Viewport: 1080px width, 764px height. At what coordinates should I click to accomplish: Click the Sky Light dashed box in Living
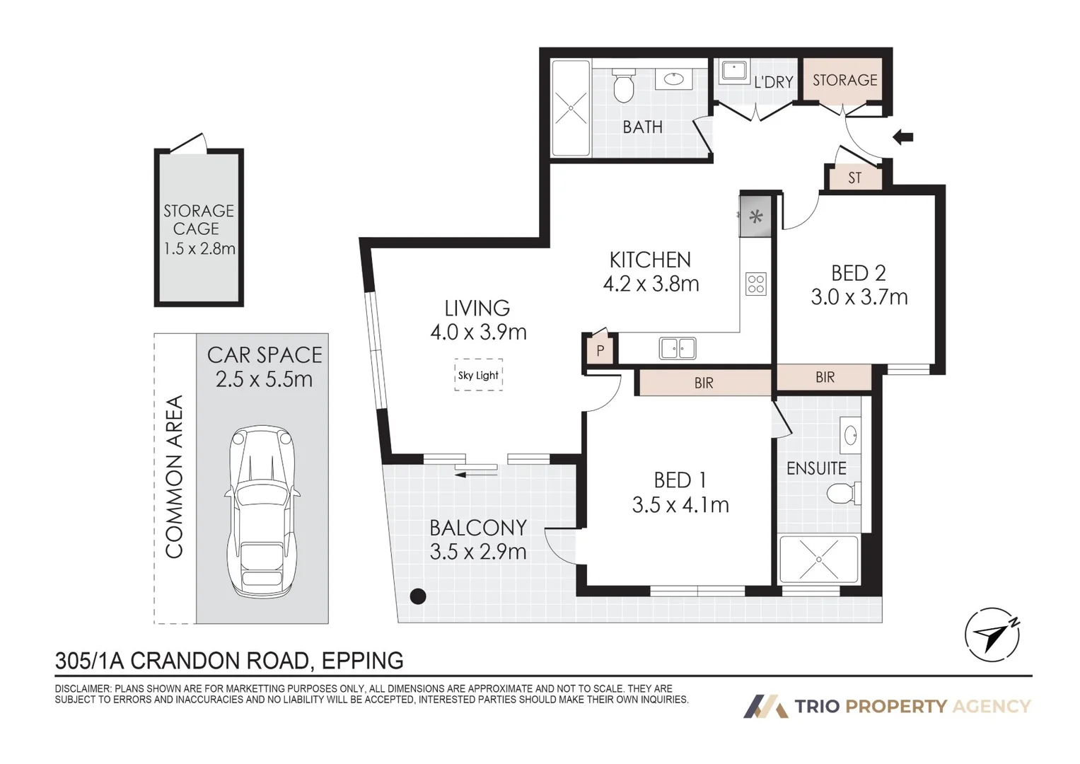click(478, 375)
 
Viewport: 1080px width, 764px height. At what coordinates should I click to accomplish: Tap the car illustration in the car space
click(262, 511)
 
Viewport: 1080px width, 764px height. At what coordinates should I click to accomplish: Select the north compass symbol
click(992, 635)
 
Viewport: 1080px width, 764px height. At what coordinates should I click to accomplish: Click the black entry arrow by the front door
click(902, 137)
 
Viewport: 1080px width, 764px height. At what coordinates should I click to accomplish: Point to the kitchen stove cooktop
click(756, 284)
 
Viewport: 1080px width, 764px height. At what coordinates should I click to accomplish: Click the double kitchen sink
click(678, 348)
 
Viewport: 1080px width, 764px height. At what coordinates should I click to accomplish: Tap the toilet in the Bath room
click(623, 86)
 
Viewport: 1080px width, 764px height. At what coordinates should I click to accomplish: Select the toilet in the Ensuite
click(843, 493)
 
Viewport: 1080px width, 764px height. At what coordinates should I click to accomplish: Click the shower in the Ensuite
click(818, 559)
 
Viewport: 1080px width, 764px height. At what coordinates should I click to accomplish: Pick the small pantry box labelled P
click(600, 350)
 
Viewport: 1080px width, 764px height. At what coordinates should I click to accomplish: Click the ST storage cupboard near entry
click(854, 178)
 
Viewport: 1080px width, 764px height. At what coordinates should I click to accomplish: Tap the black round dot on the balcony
click(418, 596)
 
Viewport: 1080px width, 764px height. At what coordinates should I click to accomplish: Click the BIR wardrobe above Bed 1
click(704, 383)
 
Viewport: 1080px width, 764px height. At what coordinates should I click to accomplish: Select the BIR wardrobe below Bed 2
click(825, 377)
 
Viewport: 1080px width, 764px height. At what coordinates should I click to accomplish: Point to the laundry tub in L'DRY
click(734, 71)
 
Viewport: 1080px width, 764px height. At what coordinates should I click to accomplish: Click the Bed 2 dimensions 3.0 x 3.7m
click(859, 297)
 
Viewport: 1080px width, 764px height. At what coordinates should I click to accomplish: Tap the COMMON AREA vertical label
click(174, 477)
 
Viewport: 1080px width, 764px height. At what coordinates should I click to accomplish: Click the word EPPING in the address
click(362, 661)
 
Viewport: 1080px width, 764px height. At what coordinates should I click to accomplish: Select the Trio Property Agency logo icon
click(765, 706)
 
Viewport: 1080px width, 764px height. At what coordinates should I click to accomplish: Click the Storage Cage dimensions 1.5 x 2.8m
click(199, 248)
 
